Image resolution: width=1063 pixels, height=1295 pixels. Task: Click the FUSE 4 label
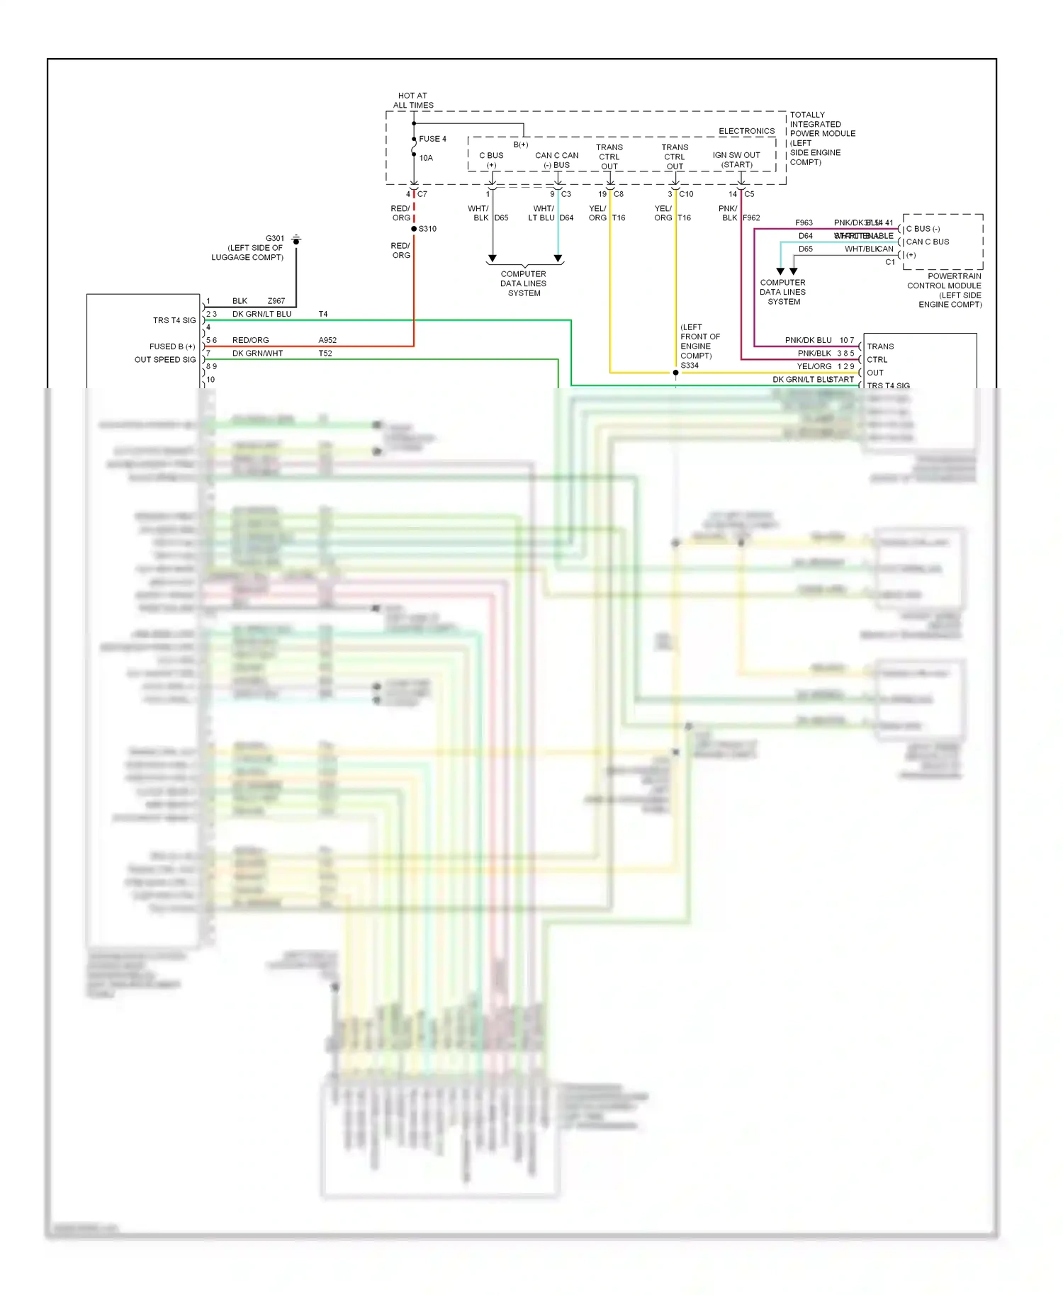click(432, 139)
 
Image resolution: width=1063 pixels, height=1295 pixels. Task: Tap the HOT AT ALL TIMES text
click(413, 101)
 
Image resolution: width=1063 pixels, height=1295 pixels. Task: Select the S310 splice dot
click(414, 229)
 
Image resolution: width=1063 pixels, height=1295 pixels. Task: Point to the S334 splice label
click(689, 366)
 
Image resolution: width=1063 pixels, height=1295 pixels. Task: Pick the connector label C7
click(422, 194)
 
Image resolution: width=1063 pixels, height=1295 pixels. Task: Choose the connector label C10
click(686, 194)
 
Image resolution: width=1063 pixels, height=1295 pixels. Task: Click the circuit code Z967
click(276, 301)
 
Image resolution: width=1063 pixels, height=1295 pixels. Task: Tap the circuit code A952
click(327, 340)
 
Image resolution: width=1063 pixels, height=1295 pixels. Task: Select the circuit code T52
click(325, 354)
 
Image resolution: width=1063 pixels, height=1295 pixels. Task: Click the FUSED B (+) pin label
click(172, 346)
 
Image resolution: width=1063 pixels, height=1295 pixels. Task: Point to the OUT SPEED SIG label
click(165, 360)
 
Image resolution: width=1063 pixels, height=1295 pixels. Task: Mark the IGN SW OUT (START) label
click(736, 160)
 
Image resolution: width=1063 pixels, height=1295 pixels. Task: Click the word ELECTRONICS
click(746, 131)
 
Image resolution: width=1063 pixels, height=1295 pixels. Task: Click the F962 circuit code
click(751, 218)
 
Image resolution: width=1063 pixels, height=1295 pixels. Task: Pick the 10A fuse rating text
click(426, 158)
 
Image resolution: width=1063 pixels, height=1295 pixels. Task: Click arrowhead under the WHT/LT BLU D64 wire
click(558, 259)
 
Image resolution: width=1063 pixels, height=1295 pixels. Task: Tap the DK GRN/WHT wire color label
click(257, 354)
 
